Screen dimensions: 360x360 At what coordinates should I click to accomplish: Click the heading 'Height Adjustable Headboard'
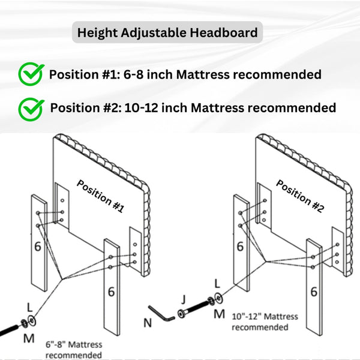pos(167,32)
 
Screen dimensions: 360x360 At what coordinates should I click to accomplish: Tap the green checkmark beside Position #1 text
pos(31,74)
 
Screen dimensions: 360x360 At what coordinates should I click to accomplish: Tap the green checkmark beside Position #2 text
pos(31,109)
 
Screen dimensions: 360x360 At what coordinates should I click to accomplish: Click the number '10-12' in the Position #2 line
pos(142,107)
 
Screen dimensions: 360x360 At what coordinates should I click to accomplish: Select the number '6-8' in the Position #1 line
pos(134,74)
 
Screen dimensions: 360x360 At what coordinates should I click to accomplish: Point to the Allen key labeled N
pos(161,314)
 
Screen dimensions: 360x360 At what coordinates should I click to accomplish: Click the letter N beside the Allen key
pos(148,323)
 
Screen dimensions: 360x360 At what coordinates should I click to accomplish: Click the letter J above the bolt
pos(183,299)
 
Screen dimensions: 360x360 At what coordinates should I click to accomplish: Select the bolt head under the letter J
pos(182,314)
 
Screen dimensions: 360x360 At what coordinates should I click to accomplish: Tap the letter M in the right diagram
pos(219,314)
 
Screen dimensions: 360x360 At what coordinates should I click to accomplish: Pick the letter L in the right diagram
pos(217,284)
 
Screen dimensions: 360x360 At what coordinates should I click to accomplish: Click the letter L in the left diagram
pos(29,308)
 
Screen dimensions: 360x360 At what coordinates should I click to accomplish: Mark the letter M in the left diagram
pos(29,338)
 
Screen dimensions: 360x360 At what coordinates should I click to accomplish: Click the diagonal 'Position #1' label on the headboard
pos(101,196)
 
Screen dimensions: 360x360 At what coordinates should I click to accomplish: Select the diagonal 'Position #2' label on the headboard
pos(301,196)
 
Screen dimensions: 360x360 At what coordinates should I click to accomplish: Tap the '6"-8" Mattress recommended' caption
pos(74,350)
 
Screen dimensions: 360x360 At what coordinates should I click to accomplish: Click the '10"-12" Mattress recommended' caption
pos(265,322)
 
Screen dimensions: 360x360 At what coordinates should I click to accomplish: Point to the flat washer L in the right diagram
pos(218,298)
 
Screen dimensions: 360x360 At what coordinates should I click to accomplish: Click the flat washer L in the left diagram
pos(32,320)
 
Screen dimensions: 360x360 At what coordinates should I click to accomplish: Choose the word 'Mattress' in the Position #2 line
pos(217,107)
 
